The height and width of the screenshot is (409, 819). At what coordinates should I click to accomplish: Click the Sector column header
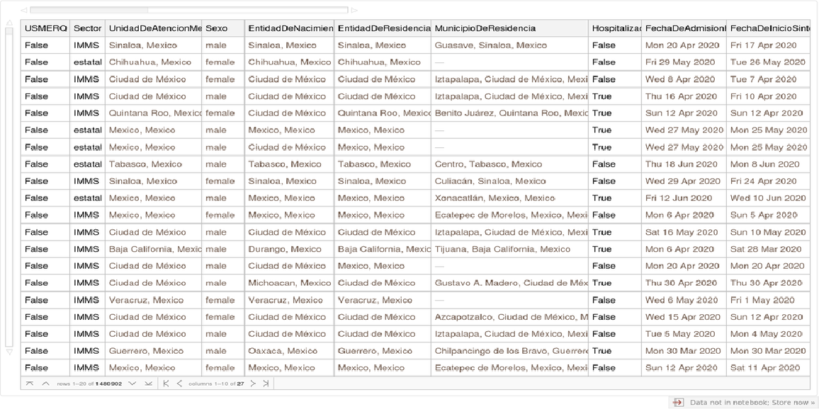click(87, 28)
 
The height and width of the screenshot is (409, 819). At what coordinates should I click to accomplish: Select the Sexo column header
click(216, 28)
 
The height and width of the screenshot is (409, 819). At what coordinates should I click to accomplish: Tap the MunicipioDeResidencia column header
click(485, 28)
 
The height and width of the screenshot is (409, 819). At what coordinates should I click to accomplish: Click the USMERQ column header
click(45, 28)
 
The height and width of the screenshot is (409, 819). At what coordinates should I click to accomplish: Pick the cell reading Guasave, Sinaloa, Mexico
click(490, 45)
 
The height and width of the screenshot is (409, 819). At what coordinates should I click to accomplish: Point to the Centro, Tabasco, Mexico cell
click(488, 164)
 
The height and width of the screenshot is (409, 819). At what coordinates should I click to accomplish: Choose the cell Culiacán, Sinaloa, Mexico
click(490, 181)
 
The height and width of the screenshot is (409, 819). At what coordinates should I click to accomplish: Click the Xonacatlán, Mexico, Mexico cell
click(495, 198)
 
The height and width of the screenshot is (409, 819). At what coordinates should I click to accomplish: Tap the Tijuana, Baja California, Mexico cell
click(502, 249)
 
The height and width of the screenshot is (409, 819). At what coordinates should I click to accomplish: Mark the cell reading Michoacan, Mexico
click(289, 283)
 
